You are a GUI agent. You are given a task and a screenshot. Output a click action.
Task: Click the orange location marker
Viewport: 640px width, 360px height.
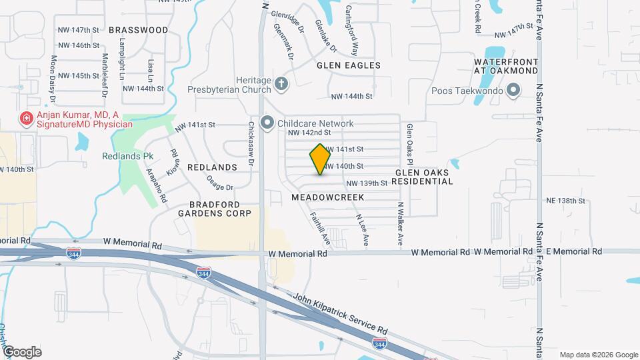[320, 159]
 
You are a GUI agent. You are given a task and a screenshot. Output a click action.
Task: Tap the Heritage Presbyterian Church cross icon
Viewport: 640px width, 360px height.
[281, 84]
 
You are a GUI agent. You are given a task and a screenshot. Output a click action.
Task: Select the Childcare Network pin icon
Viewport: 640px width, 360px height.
[267, 123]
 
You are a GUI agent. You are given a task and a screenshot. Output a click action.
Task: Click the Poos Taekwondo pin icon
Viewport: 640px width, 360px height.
[513, 90]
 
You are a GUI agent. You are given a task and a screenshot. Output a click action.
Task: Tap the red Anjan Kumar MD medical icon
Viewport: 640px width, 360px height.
[27, 119]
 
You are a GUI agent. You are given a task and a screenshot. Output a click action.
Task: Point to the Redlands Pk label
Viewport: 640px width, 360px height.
[127, 156]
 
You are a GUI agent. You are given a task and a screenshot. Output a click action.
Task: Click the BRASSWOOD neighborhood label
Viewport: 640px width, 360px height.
[139, 30]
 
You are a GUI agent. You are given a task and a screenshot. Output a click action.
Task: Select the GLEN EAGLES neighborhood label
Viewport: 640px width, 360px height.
[348, 65]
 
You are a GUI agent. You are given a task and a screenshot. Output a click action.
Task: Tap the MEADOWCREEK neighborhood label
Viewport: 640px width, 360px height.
[327, 197]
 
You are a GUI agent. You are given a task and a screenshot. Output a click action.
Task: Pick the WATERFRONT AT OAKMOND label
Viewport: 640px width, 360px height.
[505, 65]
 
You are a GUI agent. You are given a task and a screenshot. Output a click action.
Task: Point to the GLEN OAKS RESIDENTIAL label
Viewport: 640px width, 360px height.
[424, 177]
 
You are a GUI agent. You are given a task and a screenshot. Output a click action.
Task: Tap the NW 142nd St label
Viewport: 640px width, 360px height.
[309, 133]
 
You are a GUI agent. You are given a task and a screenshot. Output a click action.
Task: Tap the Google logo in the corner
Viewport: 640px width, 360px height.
[22, 351]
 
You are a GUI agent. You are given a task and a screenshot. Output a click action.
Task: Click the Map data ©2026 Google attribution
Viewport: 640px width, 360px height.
[598, 355]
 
